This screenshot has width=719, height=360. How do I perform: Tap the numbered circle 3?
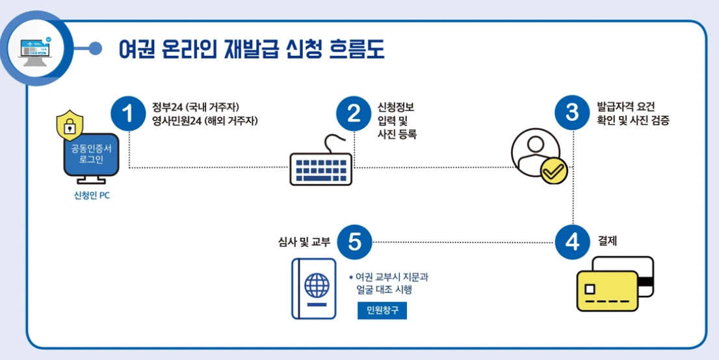573,112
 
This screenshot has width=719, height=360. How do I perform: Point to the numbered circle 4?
573,242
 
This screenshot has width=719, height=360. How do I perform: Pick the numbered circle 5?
354,242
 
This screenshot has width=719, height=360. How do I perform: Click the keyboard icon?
320,168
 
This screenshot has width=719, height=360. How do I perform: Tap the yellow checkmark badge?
553,171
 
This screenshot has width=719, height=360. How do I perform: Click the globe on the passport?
317,285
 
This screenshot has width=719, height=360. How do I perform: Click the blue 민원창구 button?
382,311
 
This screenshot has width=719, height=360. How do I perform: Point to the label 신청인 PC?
92,196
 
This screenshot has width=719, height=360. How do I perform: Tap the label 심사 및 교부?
304,242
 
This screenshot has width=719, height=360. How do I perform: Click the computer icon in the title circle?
38,47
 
